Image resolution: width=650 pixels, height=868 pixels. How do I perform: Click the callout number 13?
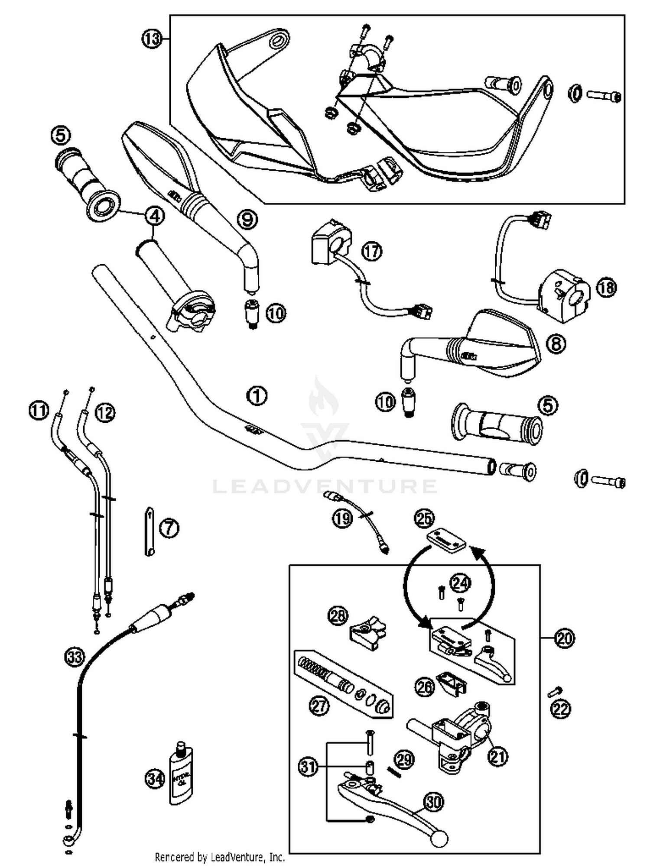(151, 39)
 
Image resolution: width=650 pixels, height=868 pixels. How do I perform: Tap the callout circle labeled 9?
(247, 220)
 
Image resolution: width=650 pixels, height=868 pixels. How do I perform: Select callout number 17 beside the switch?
(372, 251)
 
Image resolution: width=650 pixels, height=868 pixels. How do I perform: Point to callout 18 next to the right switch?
(606, 287)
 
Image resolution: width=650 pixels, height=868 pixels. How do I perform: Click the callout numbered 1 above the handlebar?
(257, 395)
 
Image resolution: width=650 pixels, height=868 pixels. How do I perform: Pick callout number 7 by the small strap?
(169, 528)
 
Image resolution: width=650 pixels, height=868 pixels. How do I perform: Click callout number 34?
(155, 780)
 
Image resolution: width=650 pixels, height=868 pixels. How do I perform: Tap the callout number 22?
(561, 709)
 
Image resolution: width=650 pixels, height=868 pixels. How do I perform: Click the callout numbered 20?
(564, 638)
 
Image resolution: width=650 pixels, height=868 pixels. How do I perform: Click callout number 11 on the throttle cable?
(39, 410)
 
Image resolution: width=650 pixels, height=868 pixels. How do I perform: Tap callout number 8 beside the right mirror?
(556, 344)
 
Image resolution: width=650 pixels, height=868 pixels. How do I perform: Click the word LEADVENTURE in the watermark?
(325, 486)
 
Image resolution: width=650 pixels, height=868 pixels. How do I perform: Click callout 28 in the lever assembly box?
(338, 615)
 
